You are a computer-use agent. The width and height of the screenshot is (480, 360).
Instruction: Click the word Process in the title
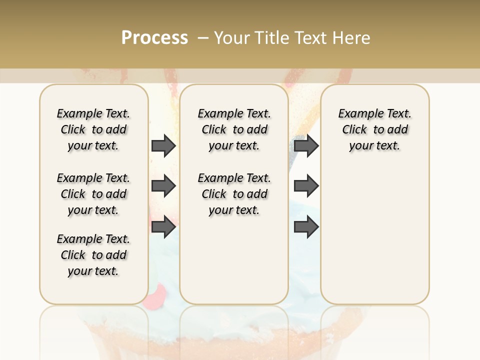[154, 37]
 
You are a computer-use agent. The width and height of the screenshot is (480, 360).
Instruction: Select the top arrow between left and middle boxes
[163, 145]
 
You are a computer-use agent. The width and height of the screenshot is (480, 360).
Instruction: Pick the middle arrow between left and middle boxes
[163, 186]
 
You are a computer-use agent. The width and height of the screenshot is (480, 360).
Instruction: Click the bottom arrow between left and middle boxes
[163, 227]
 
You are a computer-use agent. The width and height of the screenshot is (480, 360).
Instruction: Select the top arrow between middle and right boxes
[306, 145]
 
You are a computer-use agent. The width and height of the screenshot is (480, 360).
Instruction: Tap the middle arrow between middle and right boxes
[306, 186]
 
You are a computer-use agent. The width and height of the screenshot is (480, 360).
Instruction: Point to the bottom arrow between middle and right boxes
[306, 227]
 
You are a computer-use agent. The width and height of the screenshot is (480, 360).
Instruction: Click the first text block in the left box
[93, 129]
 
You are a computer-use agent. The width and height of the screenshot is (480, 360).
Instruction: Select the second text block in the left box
[93, 194]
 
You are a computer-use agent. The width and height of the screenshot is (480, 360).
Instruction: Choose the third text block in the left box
[93, 255]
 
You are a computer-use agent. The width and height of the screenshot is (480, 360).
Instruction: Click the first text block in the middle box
[234, 129]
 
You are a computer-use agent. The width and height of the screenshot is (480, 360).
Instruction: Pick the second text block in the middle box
[234, 194]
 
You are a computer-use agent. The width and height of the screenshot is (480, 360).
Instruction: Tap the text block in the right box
[374, 129]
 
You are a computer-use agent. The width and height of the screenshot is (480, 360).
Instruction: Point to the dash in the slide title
[203, 37]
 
